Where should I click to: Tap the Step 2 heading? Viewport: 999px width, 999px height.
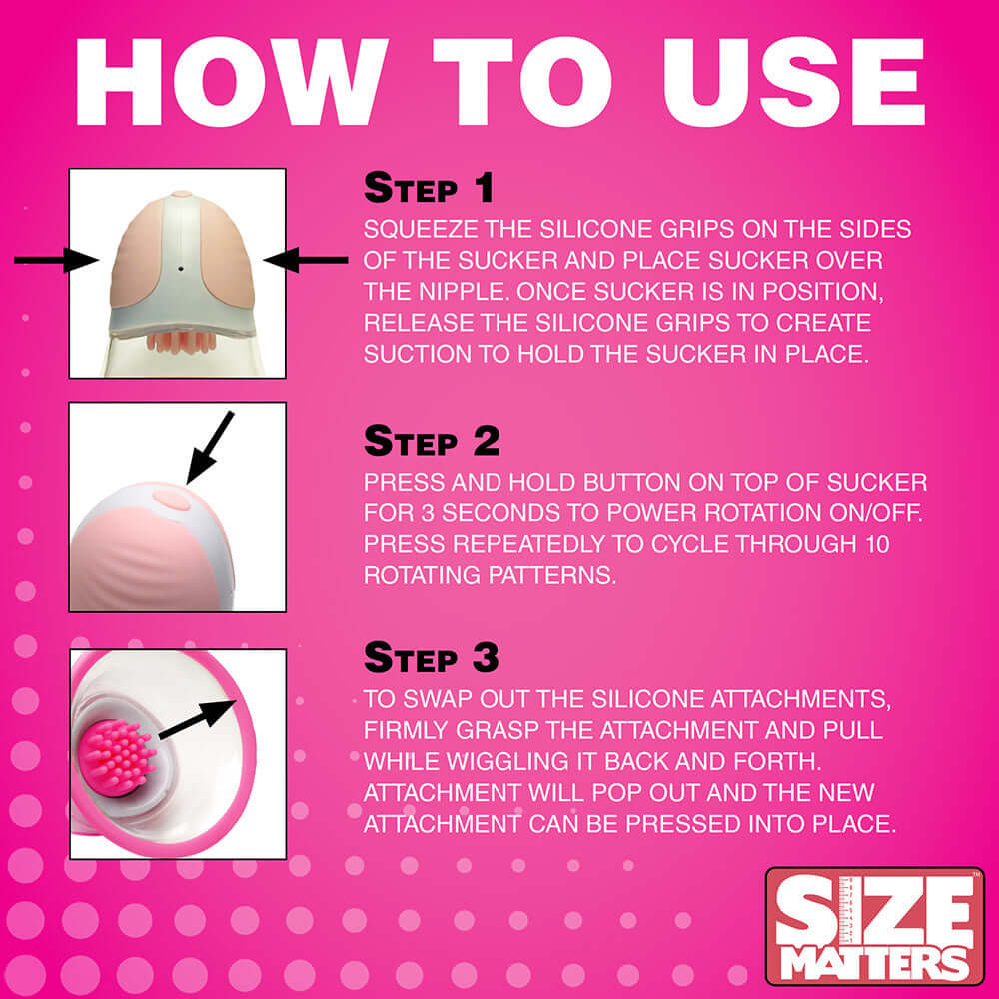coord(431,441)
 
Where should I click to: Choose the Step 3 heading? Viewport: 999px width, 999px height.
coord(431,658)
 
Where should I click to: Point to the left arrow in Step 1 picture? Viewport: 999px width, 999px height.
coord(55,261)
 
